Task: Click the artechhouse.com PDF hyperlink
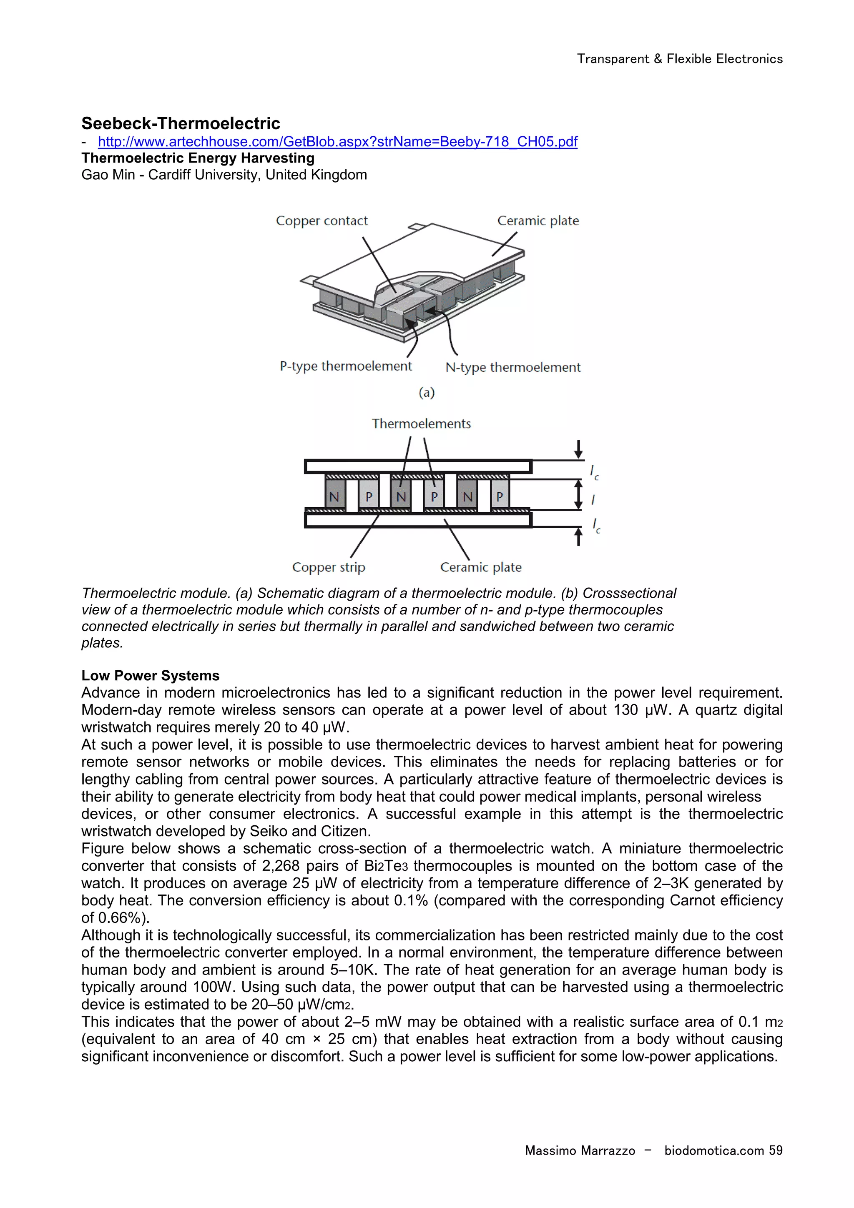click(337, 142)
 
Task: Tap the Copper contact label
click(322, 221)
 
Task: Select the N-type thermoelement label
click(512, 367)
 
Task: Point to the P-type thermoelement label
click(345, 366)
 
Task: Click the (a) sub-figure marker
click(426, 393)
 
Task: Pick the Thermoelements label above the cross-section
click(421, 424)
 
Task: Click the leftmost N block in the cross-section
click(334, 497)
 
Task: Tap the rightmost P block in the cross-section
click(500, 497)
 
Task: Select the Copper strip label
click(328, 567)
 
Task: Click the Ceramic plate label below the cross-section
click(480, 567)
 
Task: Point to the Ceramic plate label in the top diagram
click(538, 221)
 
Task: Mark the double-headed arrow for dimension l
click(578, 494)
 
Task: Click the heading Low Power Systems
click(150, 676)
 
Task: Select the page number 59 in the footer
click(776, 1150)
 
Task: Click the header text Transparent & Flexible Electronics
click(679, 59)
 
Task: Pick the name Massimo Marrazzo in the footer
click(580, 1150)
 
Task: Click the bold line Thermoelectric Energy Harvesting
click(198, 158)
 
